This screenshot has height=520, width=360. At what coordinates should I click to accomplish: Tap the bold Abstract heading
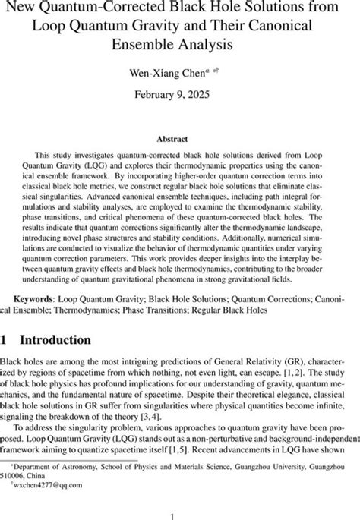click(x=180, y=139)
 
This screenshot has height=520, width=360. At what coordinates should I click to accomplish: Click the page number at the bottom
click(x=180, y=512)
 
